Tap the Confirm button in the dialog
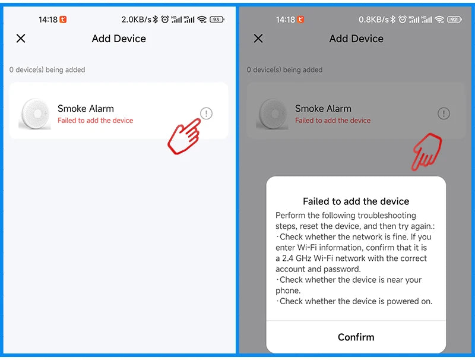coord(356,337)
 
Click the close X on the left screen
coord(21,39)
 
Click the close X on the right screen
coord(258,39)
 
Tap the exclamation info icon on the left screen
coord(206,113)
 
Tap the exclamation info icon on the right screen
coord(444,113)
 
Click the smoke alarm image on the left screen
coord(35,114)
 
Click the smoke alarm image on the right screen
coord(273,114)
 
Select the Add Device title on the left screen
coord(119,39)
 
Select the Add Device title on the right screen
coord(356,39)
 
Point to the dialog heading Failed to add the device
coord(356,201)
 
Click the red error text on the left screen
coord(95,121)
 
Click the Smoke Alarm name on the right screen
coord(323,109)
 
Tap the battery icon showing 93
coord(217,20)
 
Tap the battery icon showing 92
coord(454,20)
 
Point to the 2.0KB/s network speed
coord(137,20)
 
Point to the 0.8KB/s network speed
coord(373,20)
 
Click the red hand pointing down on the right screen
coord(427,151)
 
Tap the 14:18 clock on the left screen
coord(48,20)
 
